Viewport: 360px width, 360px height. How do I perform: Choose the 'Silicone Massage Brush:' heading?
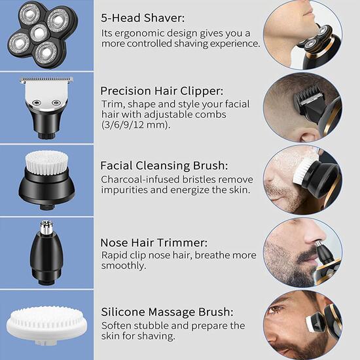pos(167,312)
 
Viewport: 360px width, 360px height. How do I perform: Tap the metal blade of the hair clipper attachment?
pos(46,81)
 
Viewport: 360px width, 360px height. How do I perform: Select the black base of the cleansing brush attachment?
pos(45,190)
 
